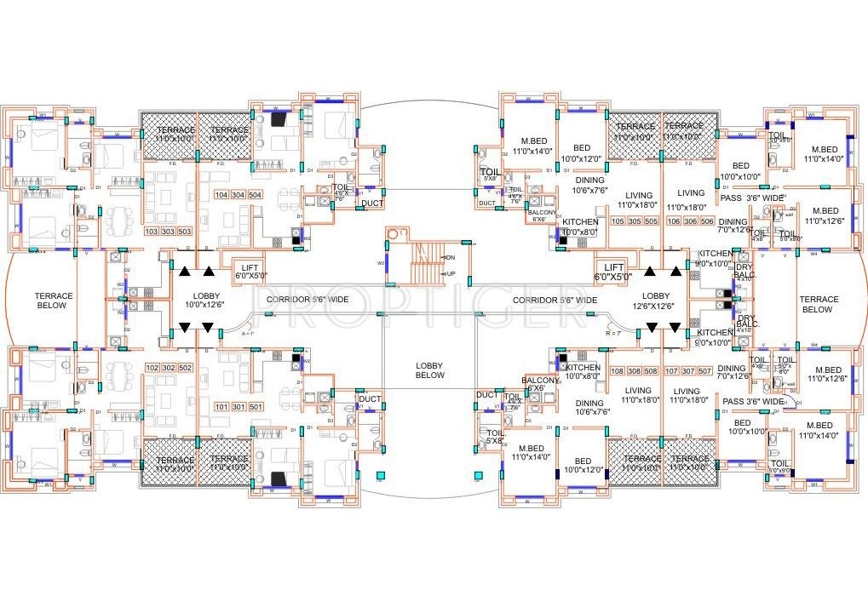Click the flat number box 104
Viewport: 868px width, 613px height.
coord(222,195)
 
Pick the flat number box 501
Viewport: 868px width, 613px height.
coord(256,407)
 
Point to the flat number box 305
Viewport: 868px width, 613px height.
coord(630,221)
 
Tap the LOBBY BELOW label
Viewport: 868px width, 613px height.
coord(430,370)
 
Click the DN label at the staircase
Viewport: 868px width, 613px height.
coord(451,257)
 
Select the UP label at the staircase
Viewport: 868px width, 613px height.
coord(451,273)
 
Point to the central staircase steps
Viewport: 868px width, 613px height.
coord(426,263)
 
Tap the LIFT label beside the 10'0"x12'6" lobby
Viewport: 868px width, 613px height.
coord(251,271)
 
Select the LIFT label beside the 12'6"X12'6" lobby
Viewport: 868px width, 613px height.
coord(614,272)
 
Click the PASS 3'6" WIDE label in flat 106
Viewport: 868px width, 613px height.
coord(751,198)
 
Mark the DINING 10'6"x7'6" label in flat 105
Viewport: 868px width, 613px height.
coord(589,185)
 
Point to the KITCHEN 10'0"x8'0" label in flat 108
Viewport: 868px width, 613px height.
coord(583,371)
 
